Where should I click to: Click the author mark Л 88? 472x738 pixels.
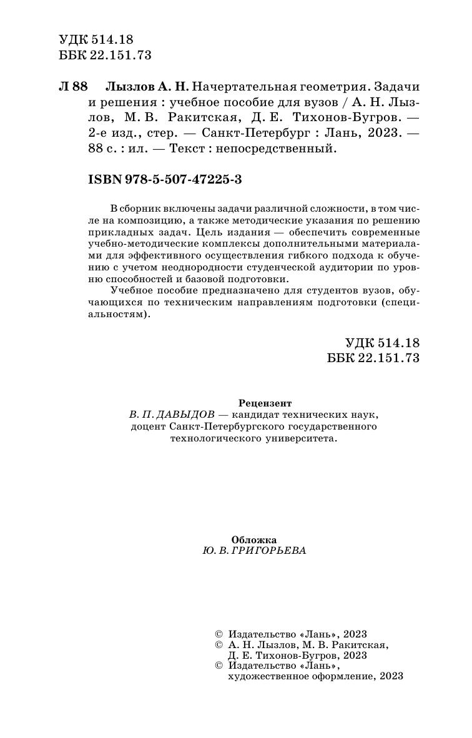click(74, 86)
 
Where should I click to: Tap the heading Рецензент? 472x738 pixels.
click(265, 403)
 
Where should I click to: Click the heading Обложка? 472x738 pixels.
click(253, 539)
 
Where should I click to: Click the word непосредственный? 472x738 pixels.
click(283, 149)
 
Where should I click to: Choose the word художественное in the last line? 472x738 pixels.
click(265, 676)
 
